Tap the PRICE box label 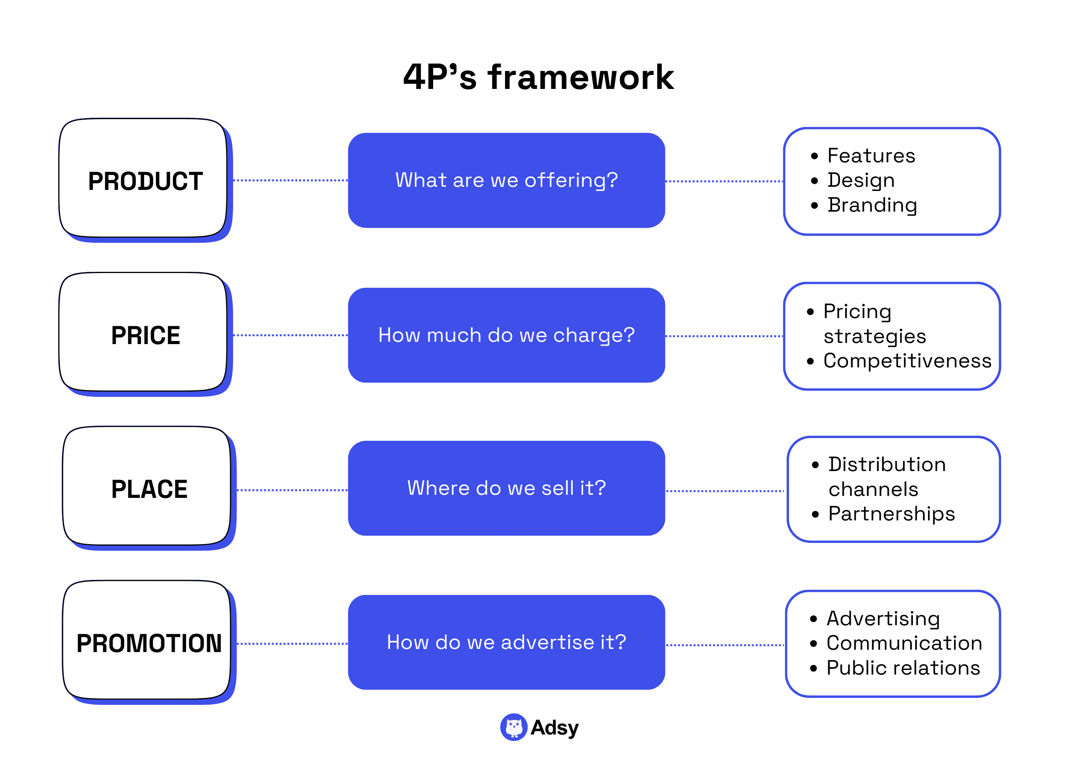(x=146, y=335)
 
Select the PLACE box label (x=149, y=489)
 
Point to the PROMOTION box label (x=149, y=643)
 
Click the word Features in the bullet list (x=871, y=155)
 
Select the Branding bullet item (x=872, y=205)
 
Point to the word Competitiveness (x=907, y=361)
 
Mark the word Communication (x=904, y=643)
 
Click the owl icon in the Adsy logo (x=514, y=727)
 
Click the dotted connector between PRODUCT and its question (x=290, y=181)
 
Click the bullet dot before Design (x=814, y=181)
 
